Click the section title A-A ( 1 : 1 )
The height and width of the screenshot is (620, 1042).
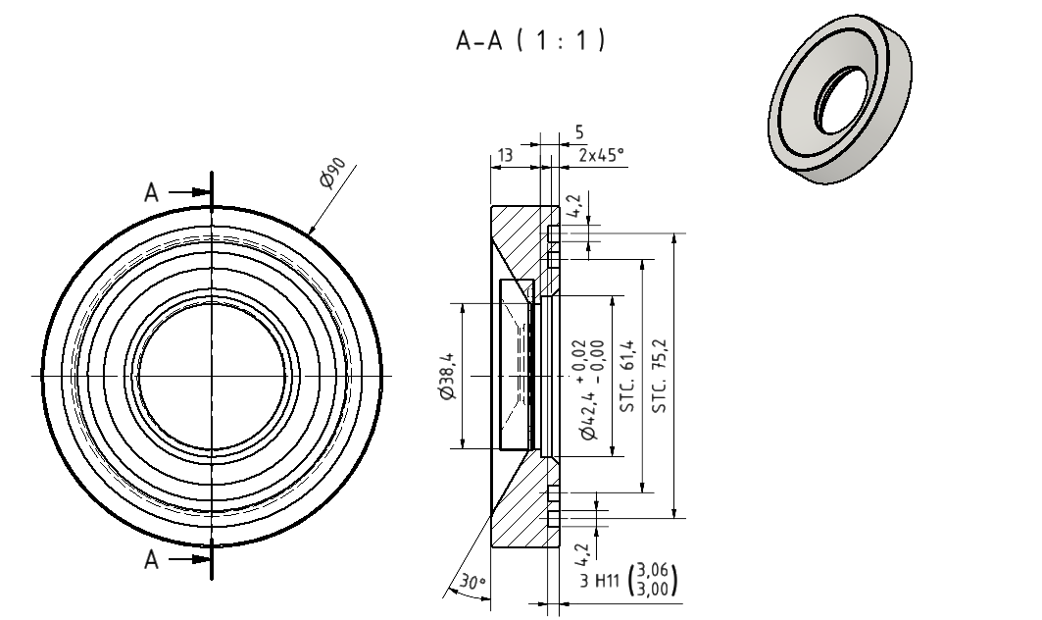530,41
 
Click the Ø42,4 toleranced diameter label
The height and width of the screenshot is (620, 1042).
588,412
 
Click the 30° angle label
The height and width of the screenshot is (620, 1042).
472,583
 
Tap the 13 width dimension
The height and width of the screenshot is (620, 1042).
504,154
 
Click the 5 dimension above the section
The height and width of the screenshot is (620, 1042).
579,130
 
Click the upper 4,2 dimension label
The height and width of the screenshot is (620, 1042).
575,205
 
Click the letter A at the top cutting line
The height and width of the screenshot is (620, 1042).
152,192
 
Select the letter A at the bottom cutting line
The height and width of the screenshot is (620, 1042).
152,559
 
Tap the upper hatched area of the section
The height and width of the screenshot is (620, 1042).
520,240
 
